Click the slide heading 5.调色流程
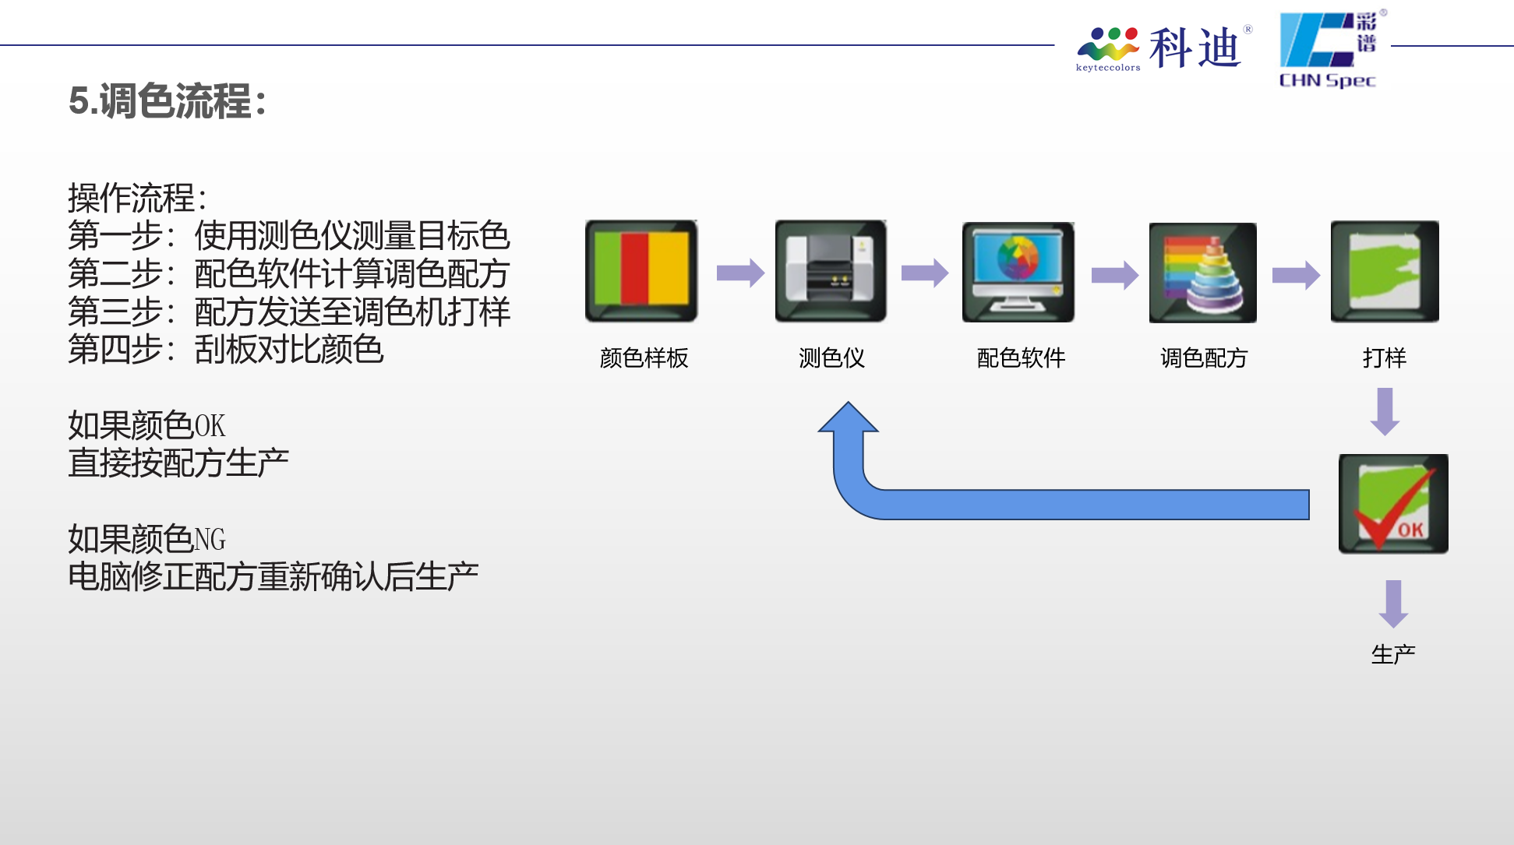(168, 101)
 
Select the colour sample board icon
(641, 271)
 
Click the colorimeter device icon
(831, 271)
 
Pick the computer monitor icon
(1018, 272)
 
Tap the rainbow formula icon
(1203, 273)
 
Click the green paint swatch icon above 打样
(1385, 271)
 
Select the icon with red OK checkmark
(1393, 504)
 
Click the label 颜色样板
(644, 358)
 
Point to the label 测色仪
(831, 358)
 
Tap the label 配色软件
(1021, 358)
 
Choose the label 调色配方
(1204, 358)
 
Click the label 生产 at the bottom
(1393, 654)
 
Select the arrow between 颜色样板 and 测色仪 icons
(740, 273)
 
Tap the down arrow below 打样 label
(1385, 412)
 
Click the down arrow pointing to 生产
(1393, 604)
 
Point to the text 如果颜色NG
(146, 539)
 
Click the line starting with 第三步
(289, 312)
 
